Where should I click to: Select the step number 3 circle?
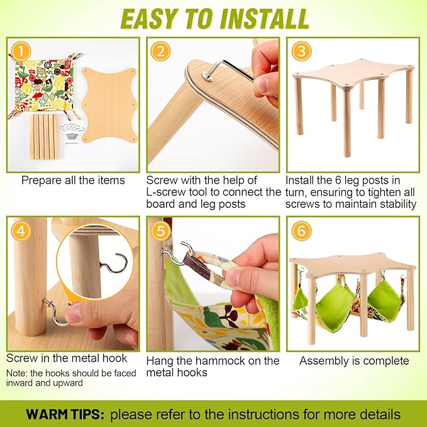(x=301, y=52)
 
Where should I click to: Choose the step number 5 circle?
(x=160, y=231)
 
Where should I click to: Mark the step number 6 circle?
(x=301, y=231)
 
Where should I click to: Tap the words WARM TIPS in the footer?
(x=64, y=415)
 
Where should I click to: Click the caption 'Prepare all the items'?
(x=73, y=180)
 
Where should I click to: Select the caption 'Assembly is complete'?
(x=354, y=360)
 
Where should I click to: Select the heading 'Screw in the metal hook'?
(x=67, y=358)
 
